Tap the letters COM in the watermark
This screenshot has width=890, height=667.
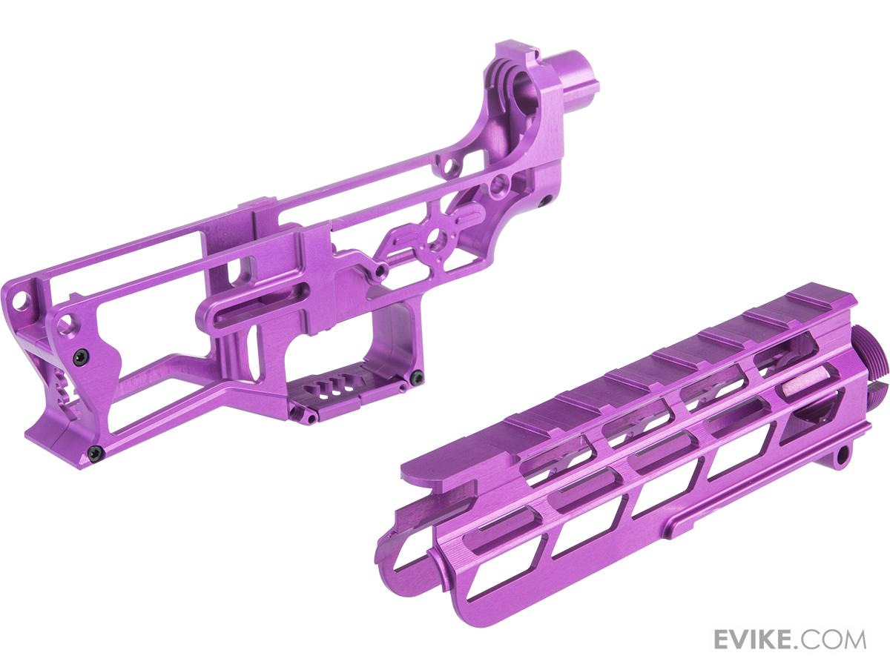tap(838, 639)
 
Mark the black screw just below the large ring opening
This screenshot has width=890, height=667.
tap(544, 199)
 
